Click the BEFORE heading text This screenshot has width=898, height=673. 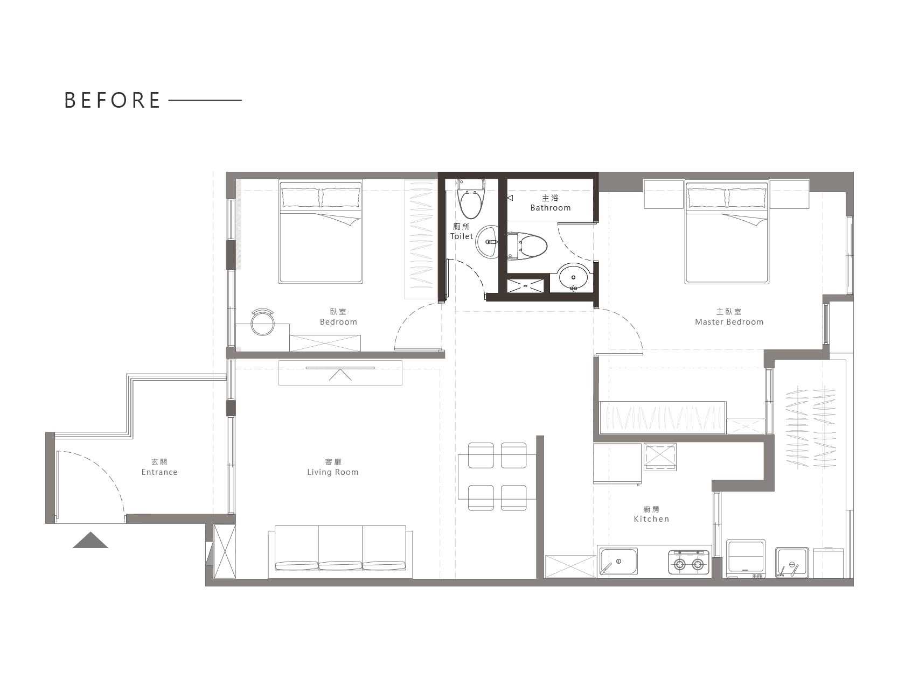(x=112, y=100)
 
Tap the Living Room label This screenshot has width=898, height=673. (x=332, y=472)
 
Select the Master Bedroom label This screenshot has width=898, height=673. (x=729, y=322)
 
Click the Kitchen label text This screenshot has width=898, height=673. (x=651, y=519)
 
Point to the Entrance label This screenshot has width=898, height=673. (x=159, y=472)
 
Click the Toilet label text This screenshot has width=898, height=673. (x=462, y=236)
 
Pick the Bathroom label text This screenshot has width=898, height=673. (x=550, y=208)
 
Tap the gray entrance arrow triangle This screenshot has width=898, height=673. (x=91, y=541)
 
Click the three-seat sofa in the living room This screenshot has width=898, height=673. (x=340, y=551)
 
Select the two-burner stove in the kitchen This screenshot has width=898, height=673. (x=689, y=563)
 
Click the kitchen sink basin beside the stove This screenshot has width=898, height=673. (x=618, y=562)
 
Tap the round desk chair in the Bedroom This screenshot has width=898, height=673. (x=262, y=322)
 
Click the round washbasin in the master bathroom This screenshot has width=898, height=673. (x=573, y=278)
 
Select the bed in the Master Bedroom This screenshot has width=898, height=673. (x=727, y=232)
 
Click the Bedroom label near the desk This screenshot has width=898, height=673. (x=338, y=322)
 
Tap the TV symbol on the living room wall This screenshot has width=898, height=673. (x=340, y=373)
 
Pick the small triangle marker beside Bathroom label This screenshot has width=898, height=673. (x=510, y=198)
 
